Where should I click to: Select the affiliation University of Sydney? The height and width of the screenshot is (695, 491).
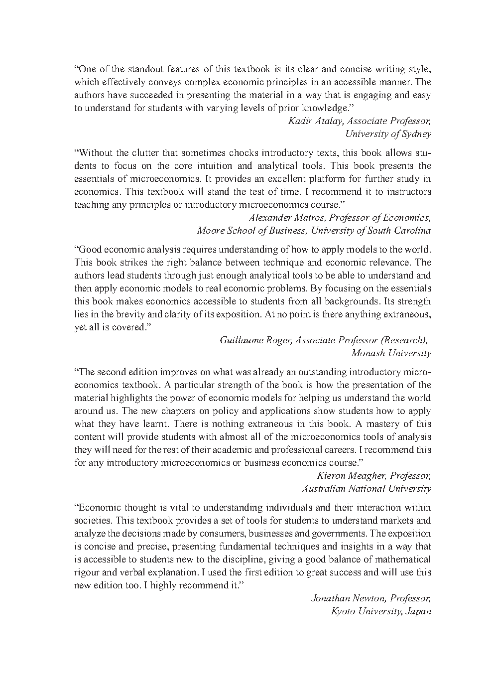tap(388, 134)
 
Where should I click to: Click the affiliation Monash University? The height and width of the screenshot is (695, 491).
tap(391, 353)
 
